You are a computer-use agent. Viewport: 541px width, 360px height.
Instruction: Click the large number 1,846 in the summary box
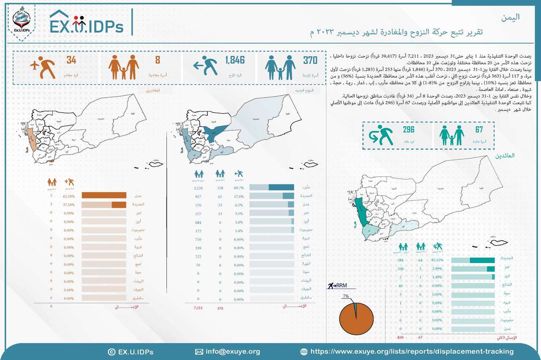[x=234, y=61]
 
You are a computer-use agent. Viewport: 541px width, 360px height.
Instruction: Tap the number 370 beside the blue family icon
[x=310, y=61]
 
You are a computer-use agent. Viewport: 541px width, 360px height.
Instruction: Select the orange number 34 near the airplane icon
[x=71, y=61]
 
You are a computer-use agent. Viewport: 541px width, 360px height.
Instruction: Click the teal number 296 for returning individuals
[x=408, y=130]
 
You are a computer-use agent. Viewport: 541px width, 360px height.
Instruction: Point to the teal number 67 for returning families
[x=478, y=130]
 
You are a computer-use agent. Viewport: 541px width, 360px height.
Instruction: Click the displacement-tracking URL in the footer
[x=412, y=352]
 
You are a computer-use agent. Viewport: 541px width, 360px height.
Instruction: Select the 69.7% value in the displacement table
[x=239, y=187]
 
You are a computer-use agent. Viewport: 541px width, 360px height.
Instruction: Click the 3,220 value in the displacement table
[x=198, y=187]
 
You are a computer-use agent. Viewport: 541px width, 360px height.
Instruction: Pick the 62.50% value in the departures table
[x=69, y=196]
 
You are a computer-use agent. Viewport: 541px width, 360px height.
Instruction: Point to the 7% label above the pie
[x=346, y=297]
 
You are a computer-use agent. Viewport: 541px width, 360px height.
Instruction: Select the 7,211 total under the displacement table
[x=198, y=308]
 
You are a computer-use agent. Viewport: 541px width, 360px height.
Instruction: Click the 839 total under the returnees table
[x=400, y=338]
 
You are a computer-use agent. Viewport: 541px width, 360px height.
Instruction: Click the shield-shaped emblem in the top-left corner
[x=21, y=20]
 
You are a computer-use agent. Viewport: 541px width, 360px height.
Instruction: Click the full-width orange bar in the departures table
[x=104, y=195]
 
